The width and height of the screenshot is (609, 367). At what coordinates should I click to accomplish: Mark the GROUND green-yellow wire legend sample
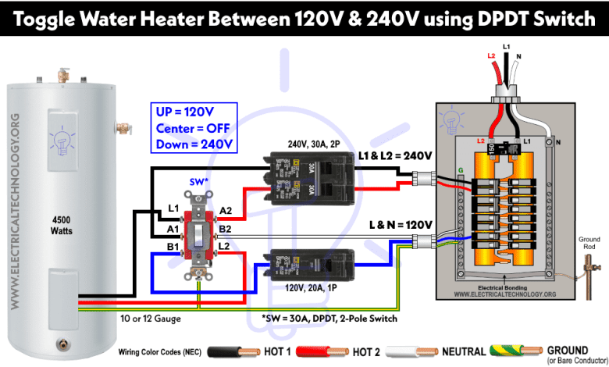515,352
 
